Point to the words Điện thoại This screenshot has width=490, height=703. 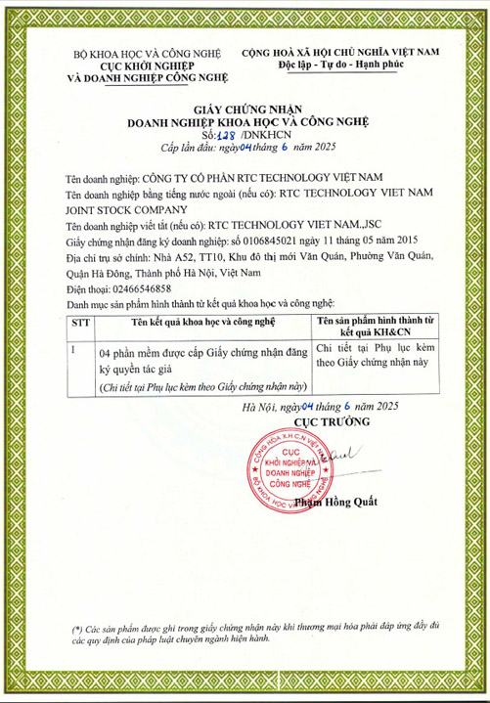[81, 288]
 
